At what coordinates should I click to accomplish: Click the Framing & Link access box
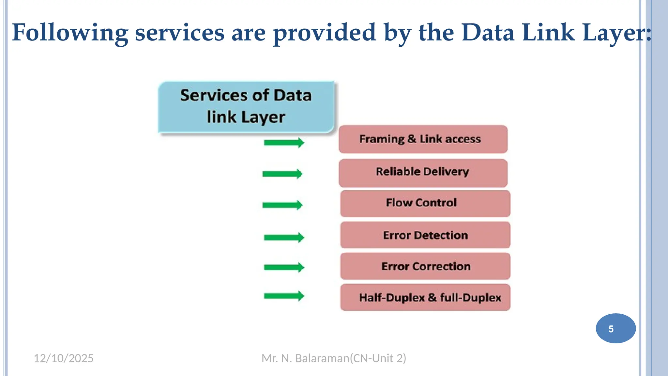click(423, 139)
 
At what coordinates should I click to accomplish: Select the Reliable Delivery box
click(423, 173)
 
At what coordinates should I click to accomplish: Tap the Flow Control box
click(425, 204)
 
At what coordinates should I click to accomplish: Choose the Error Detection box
click(425, 235)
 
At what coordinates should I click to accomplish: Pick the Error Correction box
click(425, 266)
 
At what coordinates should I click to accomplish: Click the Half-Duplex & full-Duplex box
click(425, 297)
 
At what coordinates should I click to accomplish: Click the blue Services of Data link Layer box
click(246, 107)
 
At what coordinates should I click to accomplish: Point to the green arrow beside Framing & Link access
click(284, 143)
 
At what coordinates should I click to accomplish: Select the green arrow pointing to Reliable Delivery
click(282, 174)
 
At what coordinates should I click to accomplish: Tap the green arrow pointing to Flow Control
click(282, 205)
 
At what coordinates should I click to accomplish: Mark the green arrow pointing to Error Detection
click(284, 237)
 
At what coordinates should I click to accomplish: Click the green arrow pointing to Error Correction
click(284, 267)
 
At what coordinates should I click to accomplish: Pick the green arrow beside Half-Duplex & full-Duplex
click(284, 296)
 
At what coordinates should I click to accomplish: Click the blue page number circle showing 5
click(615, 328)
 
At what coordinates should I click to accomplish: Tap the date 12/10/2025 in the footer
click(64, 358)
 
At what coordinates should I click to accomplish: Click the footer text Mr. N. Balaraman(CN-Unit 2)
click(334, 358)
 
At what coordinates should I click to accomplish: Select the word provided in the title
click(325, 33)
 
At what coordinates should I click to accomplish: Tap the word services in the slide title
click(180, 33)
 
